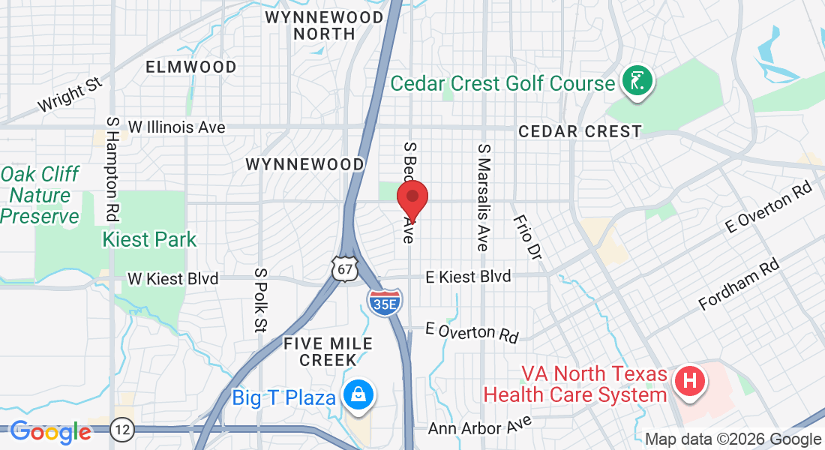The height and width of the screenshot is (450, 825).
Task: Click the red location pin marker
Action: click(x=412, y=197)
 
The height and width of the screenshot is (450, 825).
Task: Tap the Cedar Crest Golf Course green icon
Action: click(x=637, y=82)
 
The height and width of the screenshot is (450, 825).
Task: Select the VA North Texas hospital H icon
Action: click(x=689, y=380)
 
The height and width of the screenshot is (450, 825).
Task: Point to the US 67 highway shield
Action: click(x=345, y=268)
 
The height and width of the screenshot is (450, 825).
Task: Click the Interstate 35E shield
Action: click(x=385, y=300)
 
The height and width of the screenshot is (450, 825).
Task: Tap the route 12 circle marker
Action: click(x=121, y=430)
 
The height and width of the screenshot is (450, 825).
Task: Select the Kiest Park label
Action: click(x=149, y=240)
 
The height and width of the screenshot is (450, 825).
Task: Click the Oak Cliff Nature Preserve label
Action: click(x=39, y=196)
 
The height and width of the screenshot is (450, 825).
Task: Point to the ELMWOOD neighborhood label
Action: click(x=191, y=67)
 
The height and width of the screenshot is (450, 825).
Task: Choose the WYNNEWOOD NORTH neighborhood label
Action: click(x=324, y=25)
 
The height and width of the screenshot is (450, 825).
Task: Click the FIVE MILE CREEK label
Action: click(x=328, y=352)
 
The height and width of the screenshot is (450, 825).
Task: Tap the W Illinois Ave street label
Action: click(x=176, y=127)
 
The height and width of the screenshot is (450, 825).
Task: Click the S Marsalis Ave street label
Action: click(x=482, y=197)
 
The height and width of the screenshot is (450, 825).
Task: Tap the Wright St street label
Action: click(x=70, y=93)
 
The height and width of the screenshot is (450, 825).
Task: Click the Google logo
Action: click(x=50, y=432)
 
